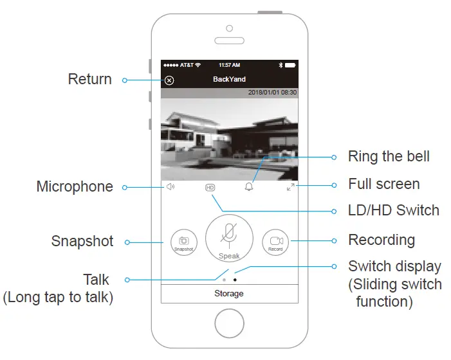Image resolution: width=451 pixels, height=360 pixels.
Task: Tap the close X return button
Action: [x=169, y=80]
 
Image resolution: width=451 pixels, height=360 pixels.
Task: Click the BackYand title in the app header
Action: [x=229, y=80]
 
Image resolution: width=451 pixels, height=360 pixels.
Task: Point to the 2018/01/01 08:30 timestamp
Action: [x=273, y=93]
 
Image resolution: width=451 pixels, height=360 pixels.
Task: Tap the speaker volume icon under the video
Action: [x=170, y=187]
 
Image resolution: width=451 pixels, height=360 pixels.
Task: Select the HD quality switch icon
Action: [x=210, y=188]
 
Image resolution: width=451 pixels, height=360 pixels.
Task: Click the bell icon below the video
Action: [x=249, y=187]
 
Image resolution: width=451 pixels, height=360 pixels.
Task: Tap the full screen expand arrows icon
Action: [x=291, y=187]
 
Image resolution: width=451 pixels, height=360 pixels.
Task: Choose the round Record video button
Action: [x=275, y=242]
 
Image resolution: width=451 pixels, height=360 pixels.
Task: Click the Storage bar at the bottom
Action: [x=229, y=293]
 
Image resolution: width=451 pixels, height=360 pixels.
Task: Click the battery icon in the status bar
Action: [x=290, y=66]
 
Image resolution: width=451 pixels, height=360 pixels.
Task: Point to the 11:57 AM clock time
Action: [x=229, y=66]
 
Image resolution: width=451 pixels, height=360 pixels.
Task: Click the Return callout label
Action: [x=90, y=80]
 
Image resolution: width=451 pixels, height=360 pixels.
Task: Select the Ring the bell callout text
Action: [x=389, y=157]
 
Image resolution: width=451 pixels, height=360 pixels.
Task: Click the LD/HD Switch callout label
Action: [x=393, y=210]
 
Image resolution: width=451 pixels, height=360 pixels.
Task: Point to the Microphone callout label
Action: [x=75, y=187]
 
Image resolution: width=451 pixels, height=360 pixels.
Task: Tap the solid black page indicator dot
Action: [x=235, y=280]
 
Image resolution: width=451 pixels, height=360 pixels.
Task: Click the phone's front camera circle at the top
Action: [x=229, y=28]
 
